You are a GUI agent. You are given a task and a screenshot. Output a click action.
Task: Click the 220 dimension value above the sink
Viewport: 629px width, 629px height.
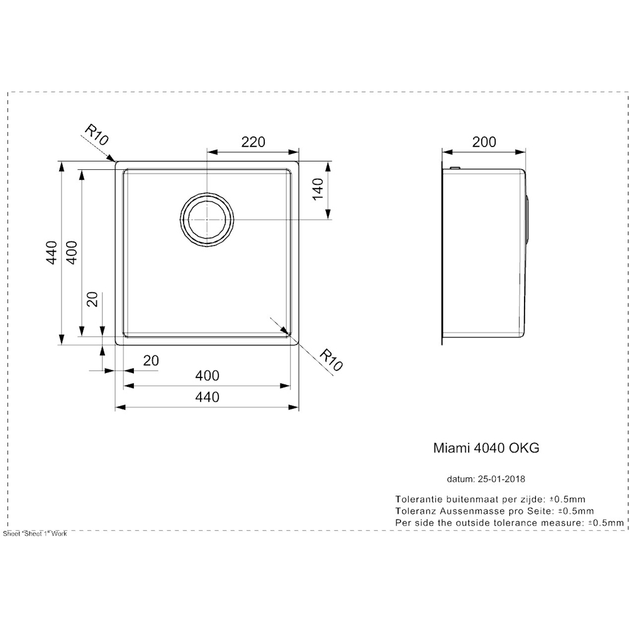(x=252, y=142)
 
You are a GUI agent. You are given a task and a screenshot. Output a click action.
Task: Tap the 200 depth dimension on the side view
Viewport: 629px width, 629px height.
(x=484, y=142)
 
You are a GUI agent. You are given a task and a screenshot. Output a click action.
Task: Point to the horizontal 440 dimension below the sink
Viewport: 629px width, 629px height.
(x=207, y=397)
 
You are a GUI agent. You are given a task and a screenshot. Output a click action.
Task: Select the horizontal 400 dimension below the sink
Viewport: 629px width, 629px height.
(x=207, y=376)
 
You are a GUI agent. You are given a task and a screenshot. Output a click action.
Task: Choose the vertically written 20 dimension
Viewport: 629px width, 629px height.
(x=92, y=300)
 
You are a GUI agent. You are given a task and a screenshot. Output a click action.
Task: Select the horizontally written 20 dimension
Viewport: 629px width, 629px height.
(x=151, y=360)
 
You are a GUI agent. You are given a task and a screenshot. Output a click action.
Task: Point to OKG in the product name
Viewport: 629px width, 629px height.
(x=524, y=448)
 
